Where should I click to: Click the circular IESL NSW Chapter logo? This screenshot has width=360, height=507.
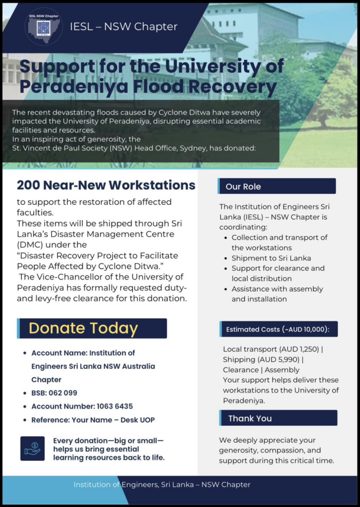(x=44, y=26)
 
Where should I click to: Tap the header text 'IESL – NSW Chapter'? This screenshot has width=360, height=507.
(x=124, y=27)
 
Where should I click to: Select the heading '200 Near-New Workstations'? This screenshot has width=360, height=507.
(x=106, y=185)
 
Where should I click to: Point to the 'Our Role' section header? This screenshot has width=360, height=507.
(x=243, y=187)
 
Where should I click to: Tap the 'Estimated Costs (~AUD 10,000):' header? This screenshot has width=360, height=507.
(x=278, y=329)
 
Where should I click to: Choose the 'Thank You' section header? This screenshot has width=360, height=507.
(x=250, y=418)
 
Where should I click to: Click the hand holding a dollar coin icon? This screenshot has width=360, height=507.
(x=33, y=448)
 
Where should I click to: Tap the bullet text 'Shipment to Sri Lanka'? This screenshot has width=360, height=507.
(x=271, y=258)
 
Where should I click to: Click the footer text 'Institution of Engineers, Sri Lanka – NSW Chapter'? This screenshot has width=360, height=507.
(x=162, y=485)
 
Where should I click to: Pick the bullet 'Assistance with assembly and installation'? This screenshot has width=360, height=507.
(x=277, y=294)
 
